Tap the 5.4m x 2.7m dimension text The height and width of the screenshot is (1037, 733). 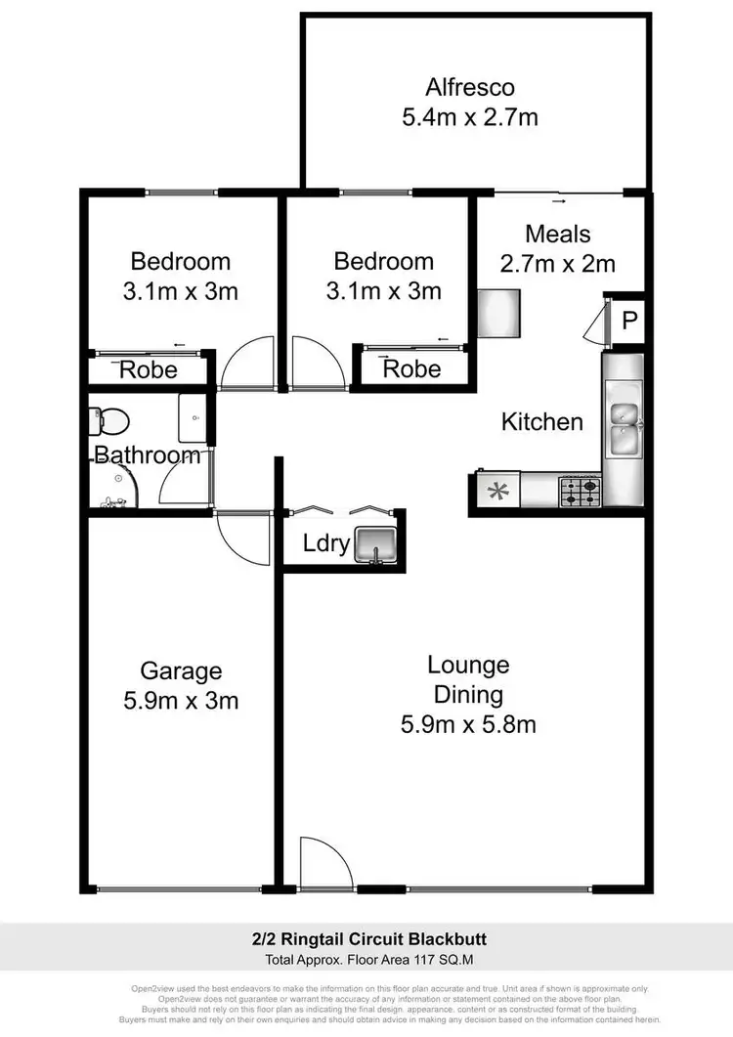click(x=470, y=118)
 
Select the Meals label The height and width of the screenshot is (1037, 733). click(x=558, y=235)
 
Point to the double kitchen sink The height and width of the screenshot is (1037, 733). click(x=624, y=428)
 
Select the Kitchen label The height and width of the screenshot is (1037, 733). click(x=541, y=422)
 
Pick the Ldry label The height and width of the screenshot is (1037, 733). click(x=325, y=543)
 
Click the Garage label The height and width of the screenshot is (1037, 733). click(x=181, y=670)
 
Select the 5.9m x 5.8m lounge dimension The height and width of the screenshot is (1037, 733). click(x=468, y=725)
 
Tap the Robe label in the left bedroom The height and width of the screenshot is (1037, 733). click(x=149, y=369)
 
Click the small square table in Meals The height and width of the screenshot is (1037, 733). click(x=497, y=310)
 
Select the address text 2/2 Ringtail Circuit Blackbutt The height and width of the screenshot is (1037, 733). click(x=366, y=940)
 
